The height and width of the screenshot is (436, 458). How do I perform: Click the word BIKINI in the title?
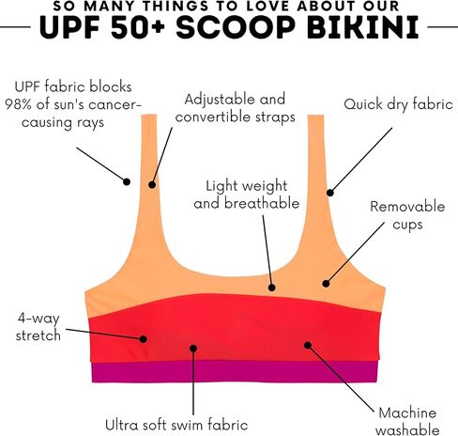[x=362, y=27]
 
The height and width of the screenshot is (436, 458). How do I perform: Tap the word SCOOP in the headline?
[x=236, y=27]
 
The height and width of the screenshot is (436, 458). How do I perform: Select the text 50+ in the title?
[x=137, y=27]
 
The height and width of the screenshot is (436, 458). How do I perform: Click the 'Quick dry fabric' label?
[x=398, y=104]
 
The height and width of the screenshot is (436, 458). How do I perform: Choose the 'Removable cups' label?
[x=407, y=215]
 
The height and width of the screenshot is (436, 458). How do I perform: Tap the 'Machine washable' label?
[x=407, y=421]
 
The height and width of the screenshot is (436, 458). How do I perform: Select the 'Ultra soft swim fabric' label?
[x=176, y=425]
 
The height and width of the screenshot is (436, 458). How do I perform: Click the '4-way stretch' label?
[x=38, y=327]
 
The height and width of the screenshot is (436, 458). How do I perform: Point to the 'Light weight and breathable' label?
[x=247, y=195]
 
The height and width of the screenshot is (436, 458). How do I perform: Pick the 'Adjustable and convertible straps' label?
[x=235, y=108]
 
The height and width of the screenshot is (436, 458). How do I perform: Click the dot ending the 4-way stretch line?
[x=144, y=339]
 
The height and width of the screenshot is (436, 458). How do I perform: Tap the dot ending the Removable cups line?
[x=326, y=284]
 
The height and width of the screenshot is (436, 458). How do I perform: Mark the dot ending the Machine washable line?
[x=308, y=345]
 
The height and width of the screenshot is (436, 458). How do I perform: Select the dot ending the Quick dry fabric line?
[x=330, y=193]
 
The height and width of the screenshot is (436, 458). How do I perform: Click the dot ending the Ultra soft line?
[x=193, y=349]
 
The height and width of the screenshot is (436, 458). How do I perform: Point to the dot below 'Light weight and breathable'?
[x=272, y=288]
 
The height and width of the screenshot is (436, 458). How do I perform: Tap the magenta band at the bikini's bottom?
[x=235, y=372]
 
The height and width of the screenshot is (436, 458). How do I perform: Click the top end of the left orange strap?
[x=149, y=115]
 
